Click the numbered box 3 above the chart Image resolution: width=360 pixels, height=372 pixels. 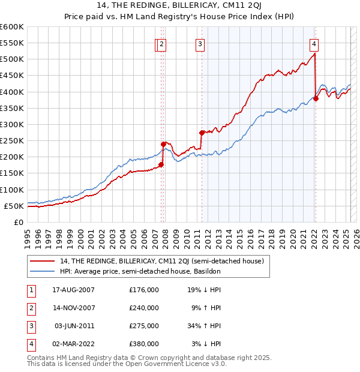coord(200,43)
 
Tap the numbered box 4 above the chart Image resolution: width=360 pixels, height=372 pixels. coord(314,43)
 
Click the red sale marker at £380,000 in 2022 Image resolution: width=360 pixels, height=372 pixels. coord(316,98)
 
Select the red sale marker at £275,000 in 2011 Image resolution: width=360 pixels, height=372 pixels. coord(202,133)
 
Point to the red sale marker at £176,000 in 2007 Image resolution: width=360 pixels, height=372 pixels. coord(161,164)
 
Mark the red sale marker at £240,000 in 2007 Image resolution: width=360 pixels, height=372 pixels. coord(163,144)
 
